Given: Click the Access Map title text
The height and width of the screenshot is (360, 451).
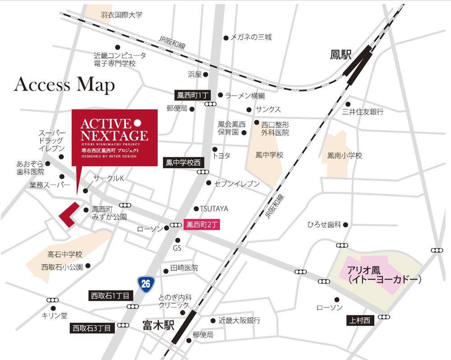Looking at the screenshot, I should [64, 85].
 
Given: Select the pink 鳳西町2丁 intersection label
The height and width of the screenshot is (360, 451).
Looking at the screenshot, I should [202, 224].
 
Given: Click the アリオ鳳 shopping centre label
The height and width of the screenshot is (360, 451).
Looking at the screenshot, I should [384, 275].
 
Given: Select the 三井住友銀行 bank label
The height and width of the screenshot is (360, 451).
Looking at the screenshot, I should [363, 111].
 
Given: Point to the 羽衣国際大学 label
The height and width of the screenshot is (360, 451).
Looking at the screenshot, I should [121, 15].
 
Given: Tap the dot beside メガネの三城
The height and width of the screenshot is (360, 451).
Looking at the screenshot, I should [225, 38].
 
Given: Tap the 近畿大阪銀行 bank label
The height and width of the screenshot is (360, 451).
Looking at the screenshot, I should [239, 320].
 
